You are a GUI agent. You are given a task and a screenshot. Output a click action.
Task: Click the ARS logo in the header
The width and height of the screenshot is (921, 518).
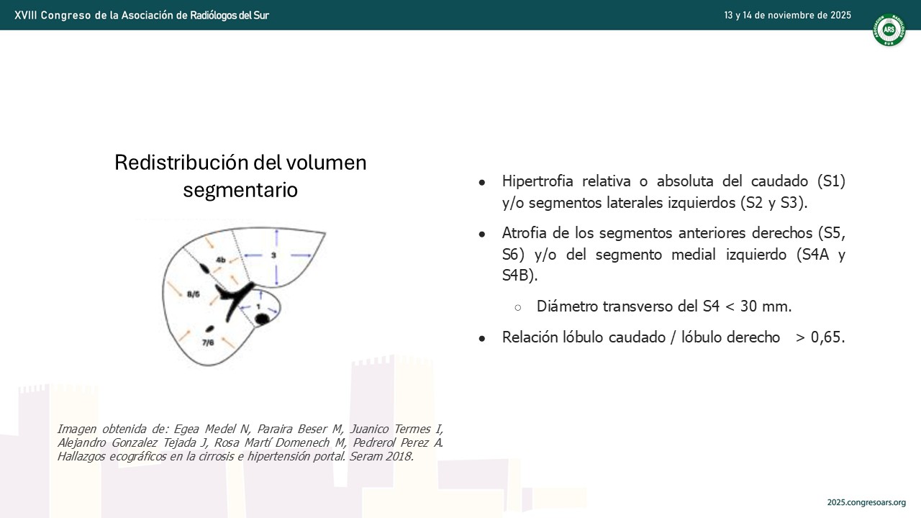(x=889, y=29)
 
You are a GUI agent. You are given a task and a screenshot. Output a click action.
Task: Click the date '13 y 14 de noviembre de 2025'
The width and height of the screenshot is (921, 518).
(x=787, y=15)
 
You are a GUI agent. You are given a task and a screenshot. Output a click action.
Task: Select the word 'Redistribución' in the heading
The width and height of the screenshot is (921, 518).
(x=181, y=163)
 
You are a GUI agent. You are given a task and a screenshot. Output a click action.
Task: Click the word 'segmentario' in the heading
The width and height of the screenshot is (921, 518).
(x=240, y=190)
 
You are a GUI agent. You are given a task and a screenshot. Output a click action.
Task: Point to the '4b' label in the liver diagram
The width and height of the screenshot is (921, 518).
(x=221, y=260)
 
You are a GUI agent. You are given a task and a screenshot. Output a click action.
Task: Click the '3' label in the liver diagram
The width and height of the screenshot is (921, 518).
(x=273, y=255)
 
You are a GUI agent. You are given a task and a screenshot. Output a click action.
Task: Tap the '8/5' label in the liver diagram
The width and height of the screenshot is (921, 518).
(x=194, y=294)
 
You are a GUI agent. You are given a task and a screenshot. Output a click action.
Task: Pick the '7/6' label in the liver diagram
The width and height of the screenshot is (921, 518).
(x=208, y=342)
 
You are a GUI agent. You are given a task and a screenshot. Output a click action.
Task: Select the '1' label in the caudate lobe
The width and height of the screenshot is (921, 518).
(x=258, y=306)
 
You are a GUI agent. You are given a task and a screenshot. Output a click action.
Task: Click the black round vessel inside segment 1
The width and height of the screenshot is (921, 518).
(x=262, y=319)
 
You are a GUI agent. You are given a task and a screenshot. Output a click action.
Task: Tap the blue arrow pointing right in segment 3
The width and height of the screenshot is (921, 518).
(x=301, y=255)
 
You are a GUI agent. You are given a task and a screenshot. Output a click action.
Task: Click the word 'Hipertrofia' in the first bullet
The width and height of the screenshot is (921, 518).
(x=537, y=181)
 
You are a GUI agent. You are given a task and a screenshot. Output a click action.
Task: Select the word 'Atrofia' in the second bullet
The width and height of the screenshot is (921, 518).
(x=525, y=233)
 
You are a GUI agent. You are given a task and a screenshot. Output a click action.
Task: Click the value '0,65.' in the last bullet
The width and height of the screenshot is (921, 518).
(x=828, y=337)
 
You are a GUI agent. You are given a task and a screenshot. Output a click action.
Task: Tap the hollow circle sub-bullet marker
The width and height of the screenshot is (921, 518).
(x=518, y=307)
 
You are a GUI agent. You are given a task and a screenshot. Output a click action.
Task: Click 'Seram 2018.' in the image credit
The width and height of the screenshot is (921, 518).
(x=381, y=456)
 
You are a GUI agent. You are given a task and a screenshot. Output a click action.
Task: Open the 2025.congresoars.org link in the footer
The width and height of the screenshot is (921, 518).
(x=866, y=502)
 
